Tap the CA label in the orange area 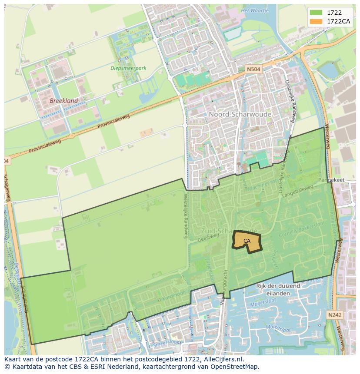point(247,241)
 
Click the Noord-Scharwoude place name point(240,114)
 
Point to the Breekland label point(64,101)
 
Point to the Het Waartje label point(255,10)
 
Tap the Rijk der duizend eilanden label point(278,289)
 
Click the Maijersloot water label point(263,303)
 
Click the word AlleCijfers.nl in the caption point(223,360)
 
